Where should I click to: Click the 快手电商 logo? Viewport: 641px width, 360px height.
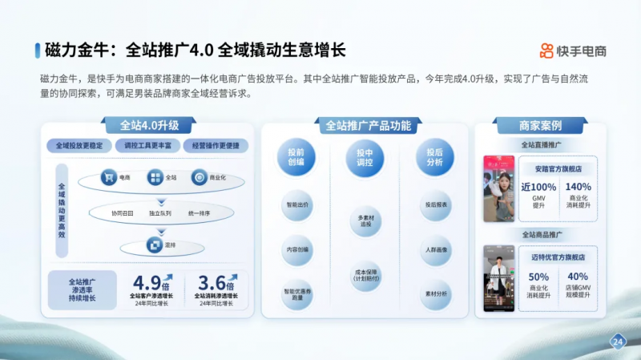(x=572, y=51)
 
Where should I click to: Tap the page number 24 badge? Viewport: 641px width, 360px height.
(x=618, y=341)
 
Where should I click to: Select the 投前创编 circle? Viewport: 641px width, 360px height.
(x=296, y=156)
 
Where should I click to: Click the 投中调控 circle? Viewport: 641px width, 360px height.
(x=365, y=156)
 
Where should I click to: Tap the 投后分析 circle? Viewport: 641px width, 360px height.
(x=435, y=156)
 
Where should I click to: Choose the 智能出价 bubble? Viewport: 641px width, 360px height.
(x=296, y=205)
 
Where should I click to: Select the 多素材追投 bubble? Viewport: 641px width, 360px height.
(x=365, y=220)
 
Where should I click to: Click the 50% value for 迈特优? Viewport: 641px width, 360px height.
(x=538, y=277)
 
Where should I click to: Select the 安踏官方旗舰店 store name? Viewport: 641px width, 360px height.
(x=558, y=169)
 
